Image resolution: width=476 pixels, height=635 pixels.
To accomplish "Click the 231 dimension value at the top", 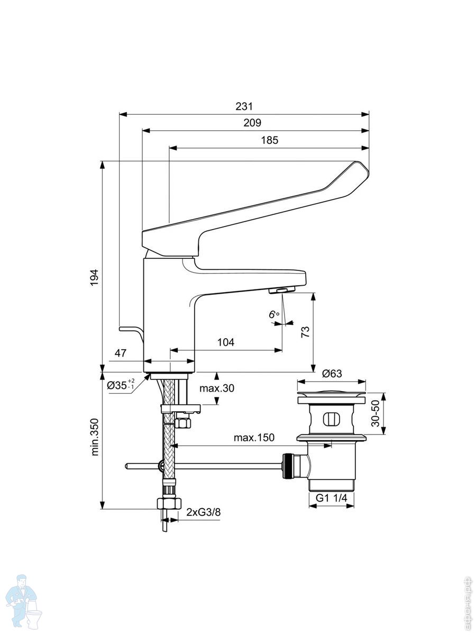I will click(x=244, y=106).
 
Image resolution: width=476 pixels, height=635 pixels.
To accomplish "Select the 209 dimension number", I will click(x=252, y=123).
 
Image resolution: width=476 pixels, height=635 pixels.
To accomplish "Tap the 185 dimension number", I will click(x=269, y=140).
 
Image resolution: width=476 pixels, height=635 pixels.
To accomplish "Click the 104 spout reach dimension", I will click(x=226, y=342).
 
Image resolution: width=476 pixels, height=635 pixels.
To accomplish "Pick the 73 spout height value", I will click(x=305, y=332).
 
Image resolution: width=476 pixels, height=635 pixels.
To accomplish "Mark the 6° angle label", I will click(x=274, y=315).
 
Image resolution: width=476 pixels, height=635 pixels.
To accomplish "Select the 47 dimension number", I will click(x=121, y=353).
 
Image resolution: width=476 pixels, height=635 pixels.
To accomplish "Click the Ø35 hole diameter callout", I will click(x=121, y=385).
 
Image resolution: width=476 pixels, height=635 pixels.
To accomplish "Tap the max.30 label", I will click(x=217, y=388).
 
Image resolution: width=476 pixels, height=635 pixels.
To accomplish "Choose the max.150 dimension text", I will click(x=254, y=438).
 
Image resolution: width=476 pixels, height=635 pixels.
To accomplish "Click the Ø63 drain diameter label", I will click(x=332, y=374).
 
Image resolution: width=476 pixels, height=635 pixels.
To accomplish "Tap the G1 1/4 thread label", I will click(x=332, y=498).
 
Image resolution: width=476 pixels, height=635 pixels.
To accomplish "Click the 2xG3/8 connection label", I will click(x=203, y=512).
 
